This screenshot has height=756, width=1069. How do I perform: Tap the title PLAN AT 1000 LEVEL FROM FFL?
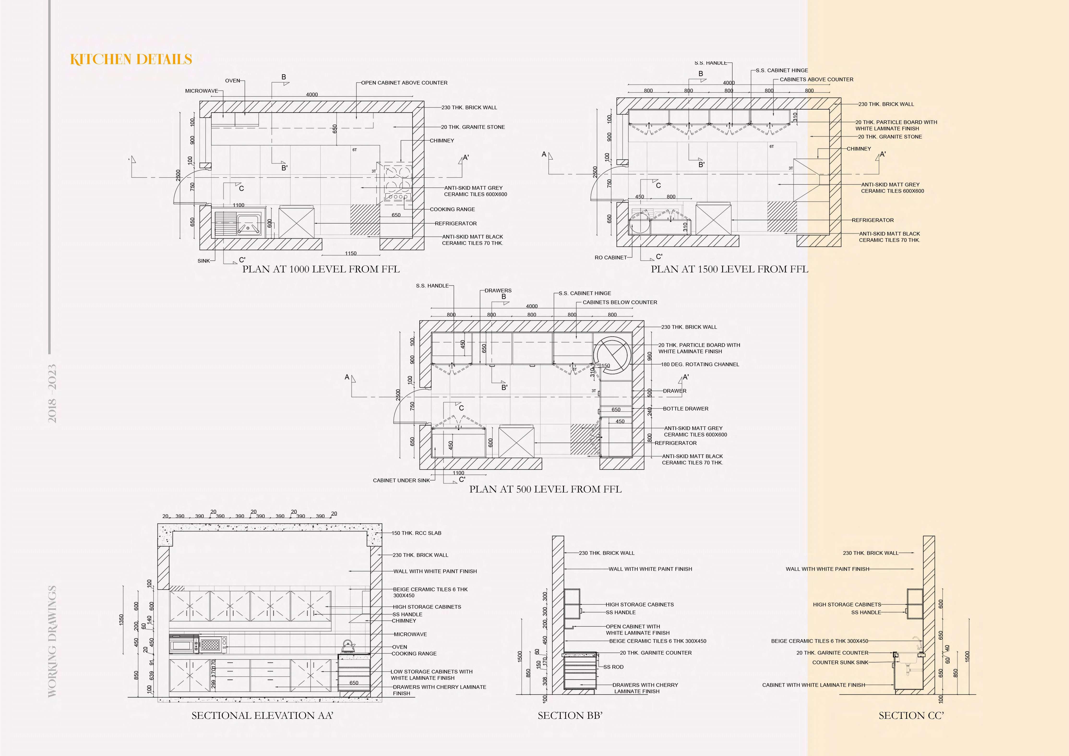[x=321, y=269]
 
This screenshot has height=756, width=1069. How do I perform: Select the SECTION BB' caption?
[x=570, y=715]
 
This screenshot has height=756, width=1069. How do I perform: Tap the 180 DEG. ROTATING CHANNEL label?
[x=700, y=364]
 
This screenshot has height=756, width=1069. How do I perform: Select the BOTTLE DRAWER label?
[x=685, y=408]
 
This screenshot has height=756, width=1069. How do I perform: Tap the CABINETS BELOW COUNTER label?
[x=620, y=302]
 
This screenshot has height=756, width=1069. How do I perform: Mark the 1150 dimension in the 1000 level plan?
[x=351, y=253]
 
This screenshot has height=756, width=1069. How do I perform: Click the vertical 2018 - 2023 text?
[x=52, y=394]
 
